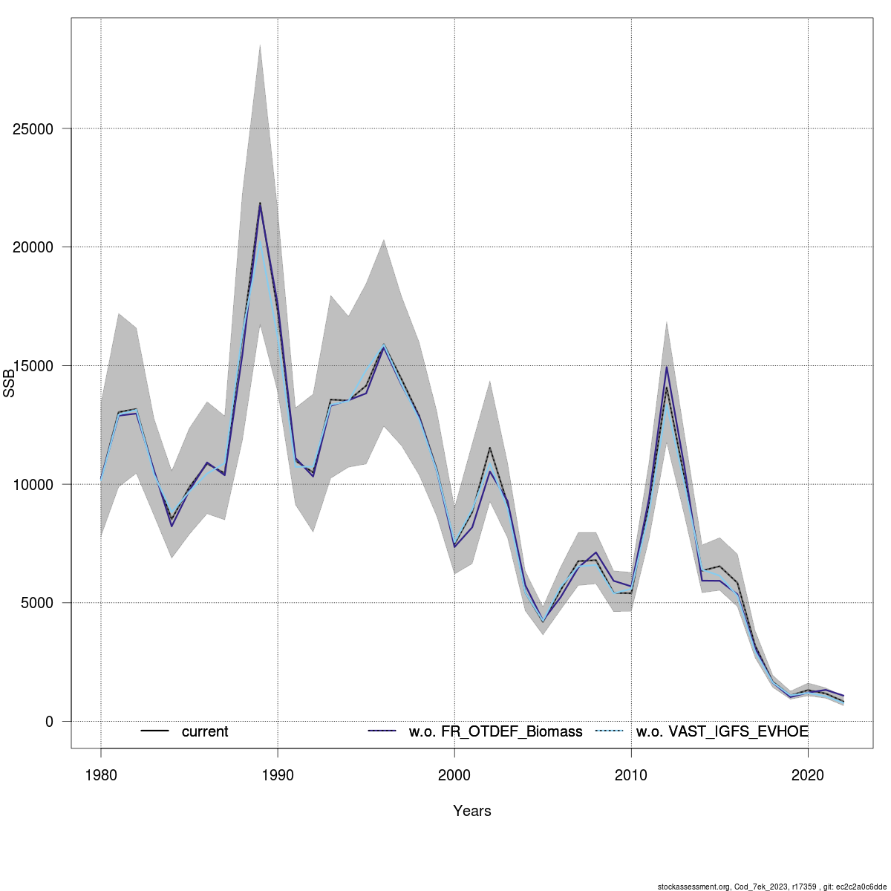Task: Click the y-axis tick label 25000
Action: [34, 129]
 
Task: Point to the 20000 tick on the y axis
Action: [34, 247]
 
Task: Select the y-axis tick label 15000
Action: [34, 366]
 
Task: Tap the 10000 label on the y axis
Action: [34, 485]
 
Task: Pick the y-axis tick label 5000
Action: [38, 603]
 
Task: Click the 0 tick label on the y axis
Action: [50, 722]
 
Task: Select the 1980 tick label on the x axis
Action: [101, 775]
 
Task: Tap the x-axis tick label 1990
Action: [278, 775]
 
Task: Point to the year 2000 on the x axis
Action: [454, 775]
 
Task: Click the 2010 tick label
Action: [631, 775]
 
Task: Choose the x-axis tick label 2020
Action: [808, 775]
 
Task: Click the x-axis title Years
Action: [472, 811]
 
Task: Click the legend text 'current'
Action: [205, 732]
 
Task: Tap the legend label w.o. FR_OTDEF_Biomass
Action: [495, 732]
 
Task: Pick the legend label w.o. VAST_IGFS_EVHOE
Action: [722, 732]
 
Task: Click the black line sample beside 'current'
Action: [155, 731]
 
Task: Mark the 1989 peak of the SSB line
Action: [260, 203]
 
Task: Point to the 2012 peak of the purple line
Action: [667, 367]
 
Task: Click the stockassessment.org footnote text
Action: [772, 886]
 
